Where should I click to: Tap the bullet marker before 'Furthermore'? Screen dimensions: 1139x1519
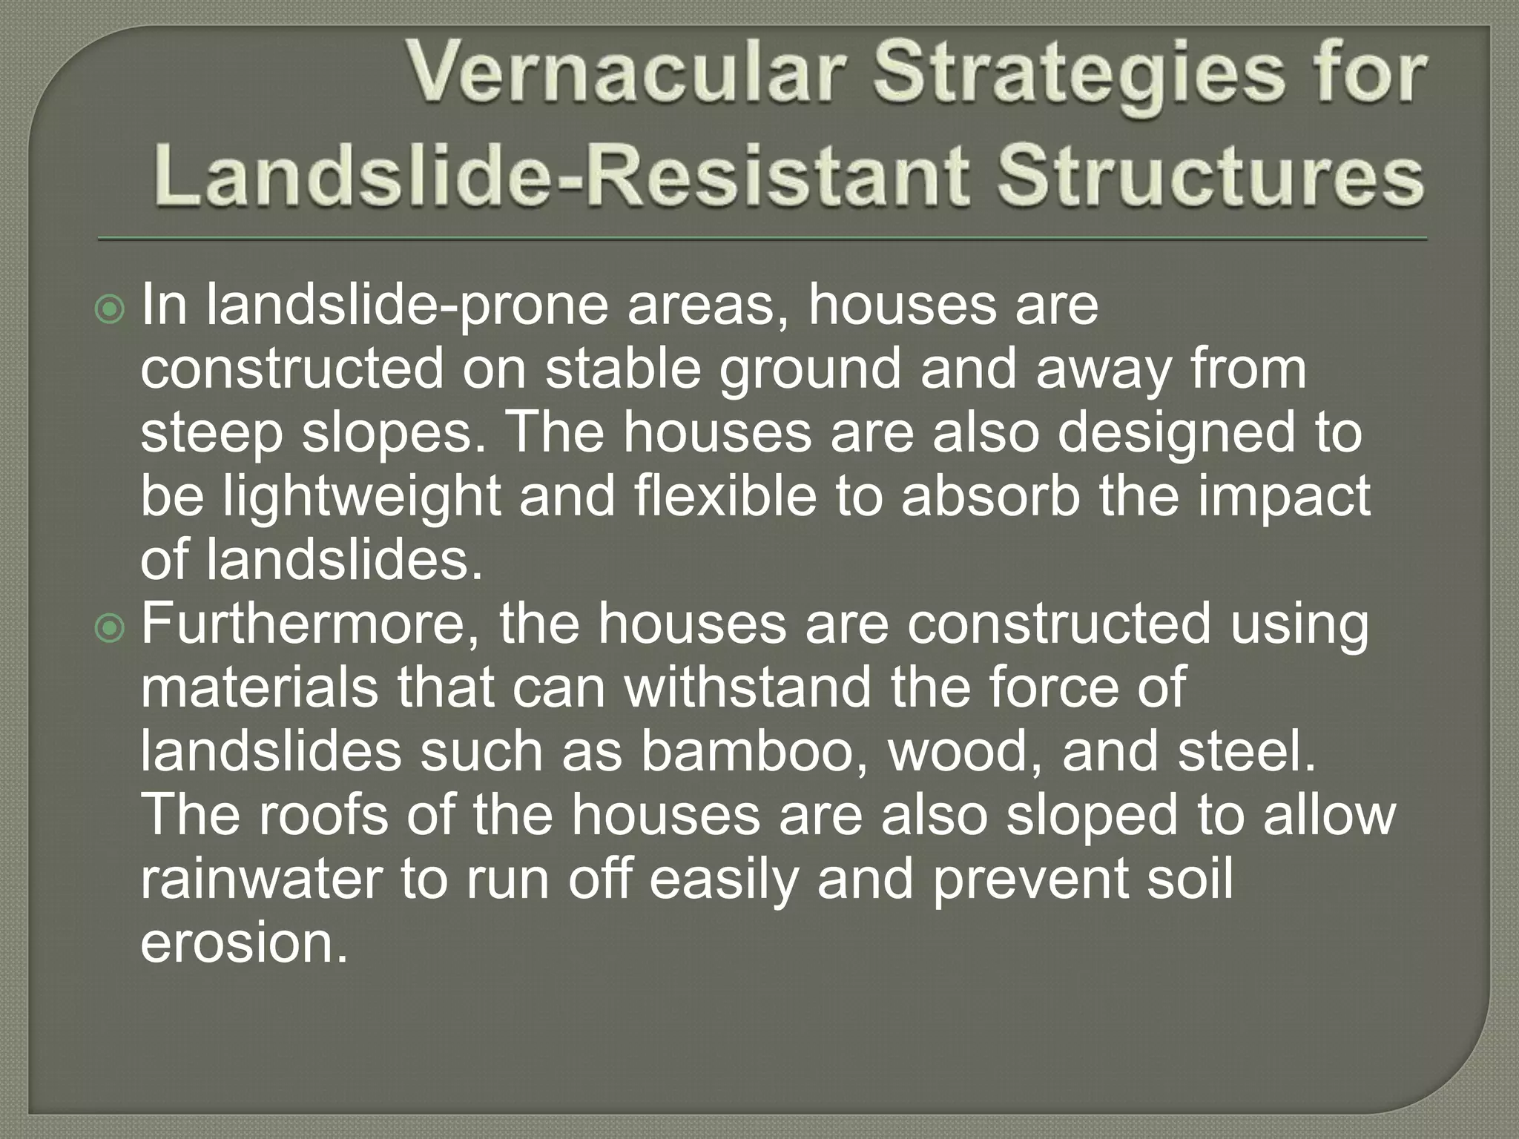[111, 629]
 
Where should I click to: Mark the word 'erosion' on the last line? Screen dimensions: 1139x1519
[243, 942]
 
